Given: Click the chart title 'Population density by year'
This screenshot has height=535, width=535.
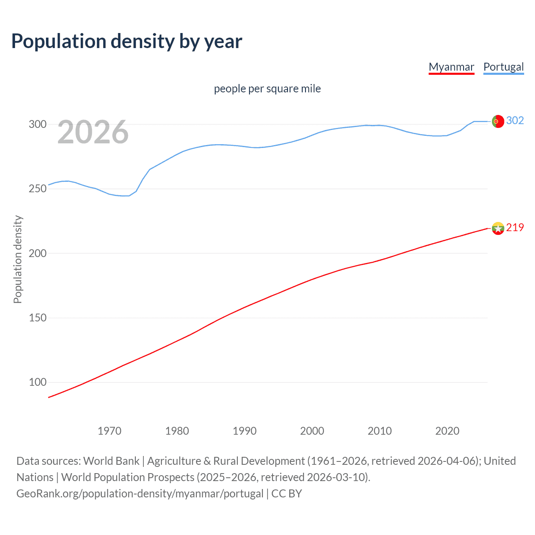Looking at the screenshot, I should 127,41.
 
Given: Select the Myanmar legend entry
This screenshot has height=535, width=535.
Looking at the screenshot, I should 451,67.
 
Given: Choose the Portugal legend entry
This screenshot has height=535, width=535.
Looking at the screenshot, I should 503,67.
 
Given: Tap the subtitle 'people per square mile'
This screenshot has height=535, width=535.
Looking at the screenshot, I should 267,89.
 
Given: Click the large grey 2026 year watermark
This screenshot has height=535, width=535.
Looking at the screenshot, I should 93,132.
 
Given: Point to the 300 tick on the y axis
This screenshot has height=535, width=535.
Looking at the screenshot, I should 37,124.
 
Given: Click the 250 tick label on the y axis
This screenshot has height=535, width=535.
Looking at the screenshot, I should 37,189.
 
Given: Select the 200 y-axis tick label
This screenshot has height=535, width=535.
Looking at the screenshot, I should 37,253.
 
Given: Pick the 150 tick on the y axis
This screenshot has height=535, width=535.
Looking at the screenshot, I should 37,318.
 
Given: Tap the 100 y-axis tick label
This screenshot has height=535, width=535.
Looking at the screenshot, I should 37,382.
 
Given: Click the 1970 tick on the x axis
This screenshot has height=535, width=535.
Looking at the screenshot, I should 110,431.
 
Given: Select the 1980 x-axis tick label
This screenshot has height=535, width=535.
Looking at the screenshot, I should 177,431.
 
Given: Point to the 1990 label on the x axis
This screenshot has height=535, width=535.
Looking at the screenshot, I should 245,431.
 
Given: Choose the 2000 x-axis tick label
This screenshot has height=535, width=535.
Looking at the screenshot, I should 312,431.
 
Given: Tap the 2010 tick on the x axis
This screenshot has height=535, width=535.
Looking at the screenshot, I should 380,431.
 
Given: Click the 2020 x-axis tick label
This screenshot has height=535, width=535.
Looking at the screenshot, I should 447,431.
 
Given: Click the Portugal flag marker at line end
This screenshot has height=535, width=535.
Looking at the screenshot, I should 498,121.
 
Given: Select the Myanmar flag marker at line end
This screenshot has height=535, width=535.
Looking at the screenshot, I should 498,228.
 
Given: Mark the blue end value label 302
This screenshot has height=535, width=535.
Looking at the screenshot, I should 515,121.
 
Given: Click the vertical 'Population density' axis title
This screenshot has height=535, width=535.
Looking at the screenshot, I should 18,259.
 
